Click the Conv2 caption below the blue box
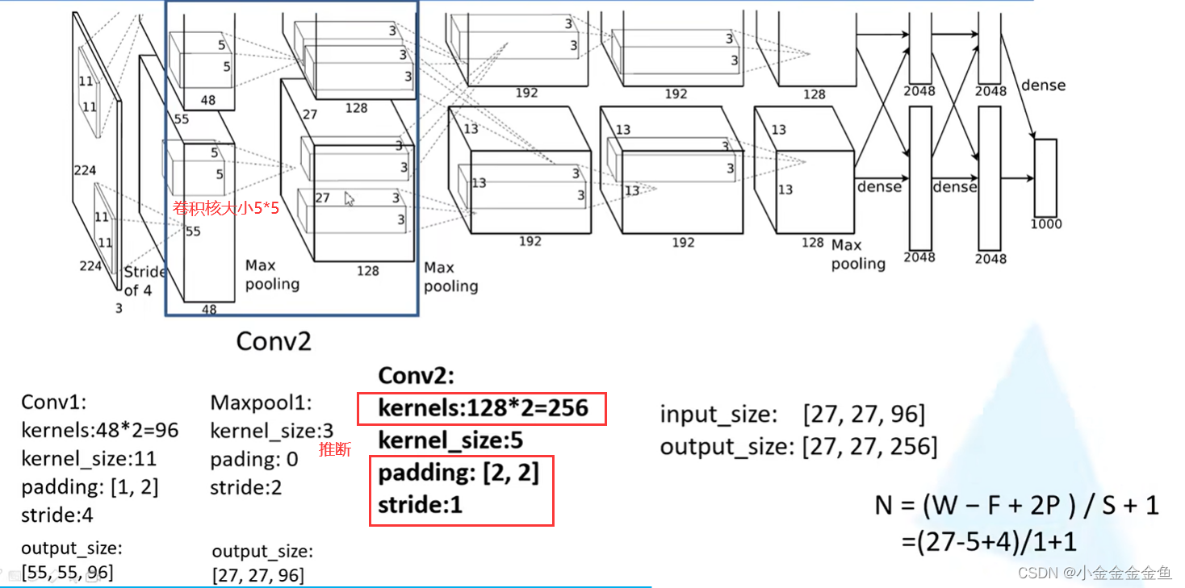coord(273,341)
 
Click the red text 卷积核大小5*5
coord(225,208)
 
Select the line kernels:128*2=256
coord(484,410)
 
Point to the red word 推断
coord(335,450)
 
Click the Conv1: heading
coord(53,402)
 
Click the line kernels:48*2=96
coord(99,431)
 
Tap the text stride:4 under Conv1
coord(57,515)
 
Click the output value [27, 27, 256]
coord(870,446)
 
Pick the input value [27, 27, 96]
coord(864,415)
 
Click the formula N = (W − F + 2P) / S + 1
coord(1016,506)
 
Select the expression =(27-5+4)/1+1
coord(989,542)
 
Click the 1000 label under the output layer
coord(1046,223)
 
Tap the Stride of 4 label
coord(144,281)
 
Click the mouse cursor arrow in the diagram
coord(349,198)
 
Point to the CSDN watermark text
coord(1094,573)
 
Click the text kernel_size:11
coord(89,459)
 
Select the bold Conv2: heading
coord(417,377)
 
